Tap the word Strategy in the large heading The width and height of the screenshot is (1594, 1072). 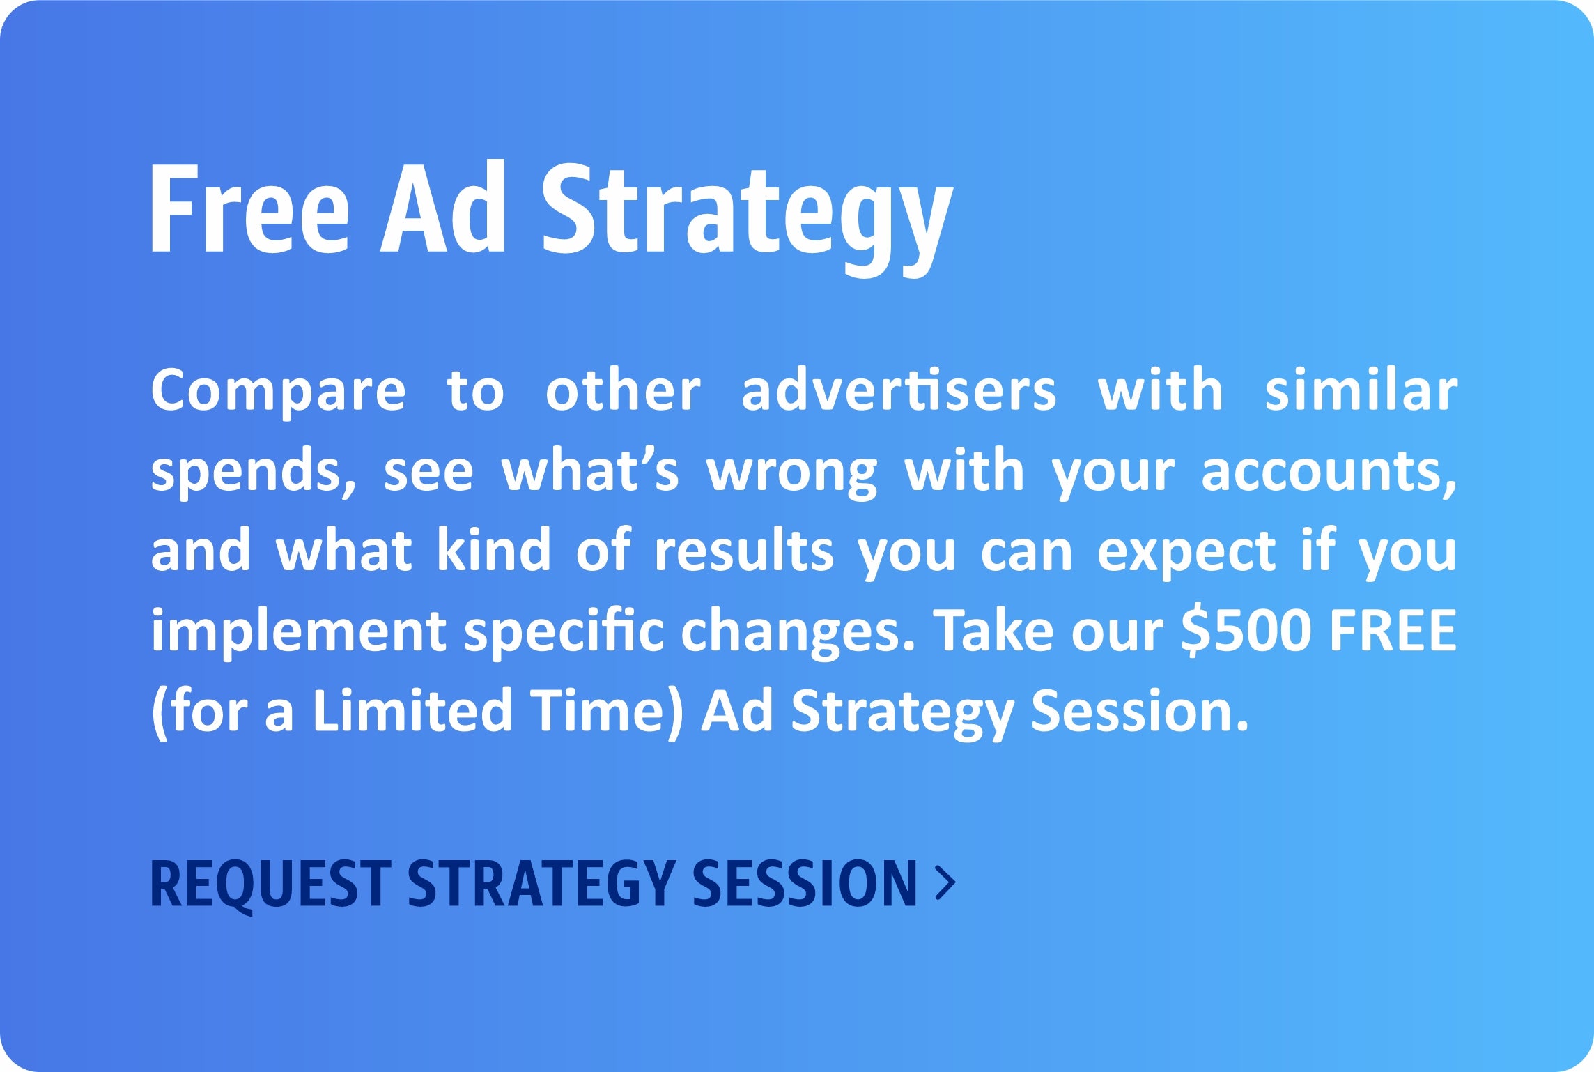pyautogui.click(x=747, y=218)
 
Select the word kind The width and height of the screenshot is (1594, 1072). pyautogui.click(x=494, y=549)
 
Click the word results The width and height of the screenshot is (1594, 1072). pyautogui.click(x=743, y=549)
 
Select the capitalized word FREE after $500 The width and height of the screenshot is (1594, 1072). pyautogui.click(x=1393, y=630)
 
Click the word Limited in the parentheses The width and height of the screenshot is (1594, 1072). pyautogui.click(x=412, y=710)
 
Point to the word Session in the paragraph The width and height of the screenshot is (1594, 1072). pyautogui.click(x=1140, y=710)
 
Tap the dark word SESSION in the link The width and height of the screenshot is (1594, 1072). pyautogui.click(x=805, y=883)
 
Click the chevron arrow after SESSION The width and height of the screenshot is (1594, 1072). pyautogui.click(x=945, y=883)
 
